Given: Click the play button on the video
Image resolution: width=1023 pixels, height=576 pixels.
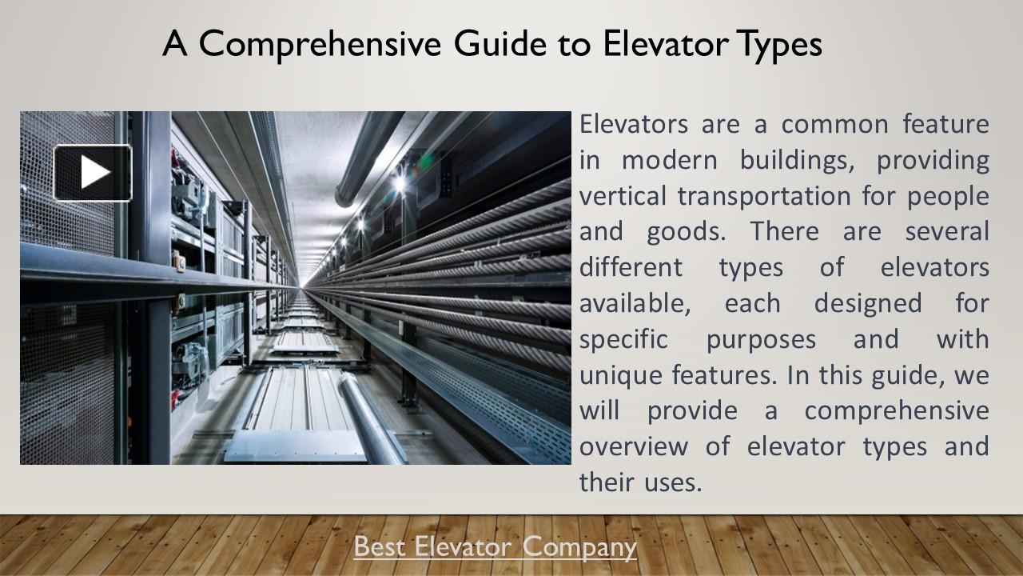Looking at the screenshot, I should (x=93, y=173).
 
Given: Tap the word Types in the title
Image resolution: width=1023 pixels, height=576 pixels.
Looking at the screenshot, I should (x=778, y=45).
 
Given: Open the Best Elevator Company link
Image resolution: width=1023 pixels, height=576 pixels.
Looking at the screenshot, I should (x=495, y=547).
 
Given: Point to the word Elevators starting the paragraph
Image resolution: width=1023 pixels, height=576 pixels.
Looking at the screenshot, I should (x=634, y=125).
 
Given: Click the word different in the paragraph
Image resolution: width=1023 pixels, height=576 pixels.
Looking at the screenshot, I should (x=631, y=267).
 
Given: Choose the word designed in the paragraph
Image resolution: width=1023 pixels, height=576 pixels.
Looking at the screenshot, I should (x=867, y=303).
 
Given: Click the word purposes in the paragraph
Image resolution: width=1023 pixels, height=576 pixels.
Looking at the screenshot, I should (x=761, y=339).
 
